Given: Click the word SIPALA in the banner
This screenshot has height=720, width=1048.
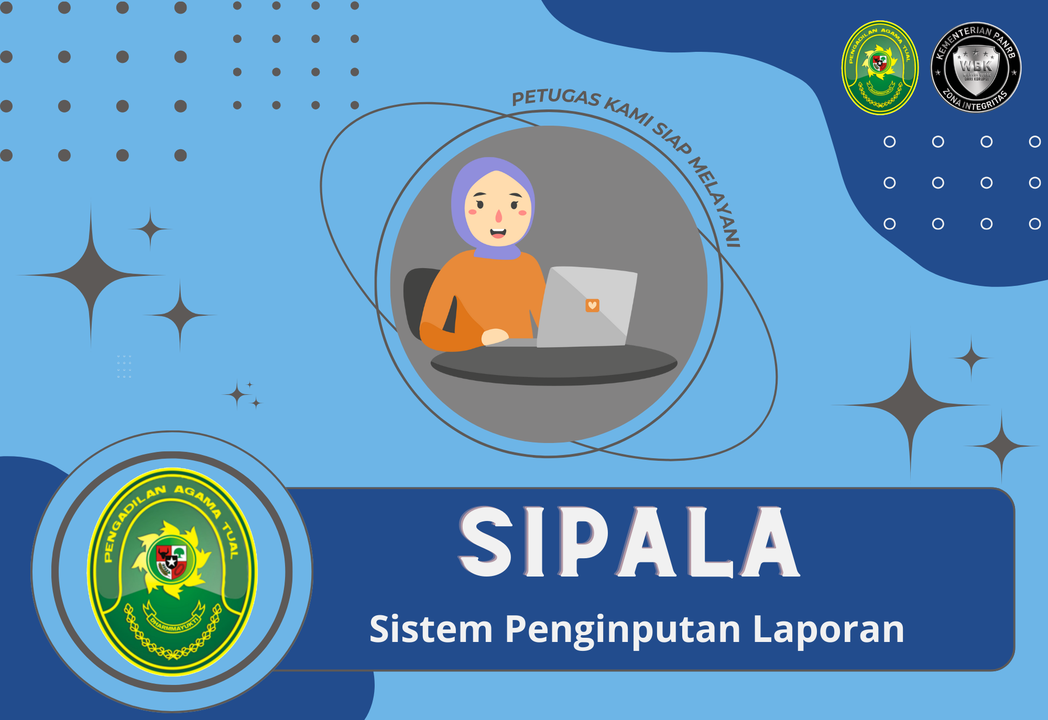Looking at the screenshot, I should [x=629, y=542].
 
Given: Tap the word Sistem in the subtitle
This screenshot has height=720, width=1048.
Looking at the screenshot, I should [x=431, y=629].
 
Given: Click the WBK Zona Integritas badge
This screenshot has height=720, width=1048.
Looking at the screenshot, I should [x=976, y=68].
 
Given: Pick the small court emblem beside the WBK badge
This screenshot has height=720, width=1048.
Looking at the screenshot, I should [x=880, y=68].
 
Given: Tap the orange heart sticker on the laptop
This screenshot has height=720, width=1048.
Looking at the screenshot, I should [x=592, y=305].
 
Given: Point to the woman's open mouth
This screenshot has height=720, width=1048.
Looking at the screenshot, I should [x=498, y=232].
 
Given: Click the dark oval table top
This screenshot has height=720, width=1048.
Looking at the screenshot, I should [x=553, y=365].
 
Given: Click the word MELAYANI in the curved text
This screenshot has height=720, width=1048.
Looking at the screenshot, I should [x=716, y=202].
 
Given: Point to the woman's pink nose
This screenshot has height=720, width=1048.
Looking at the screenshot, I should [x=499, y=216].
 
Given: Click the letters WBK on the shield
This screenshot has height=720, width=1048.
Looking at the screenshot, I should [x=976, y=66].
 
